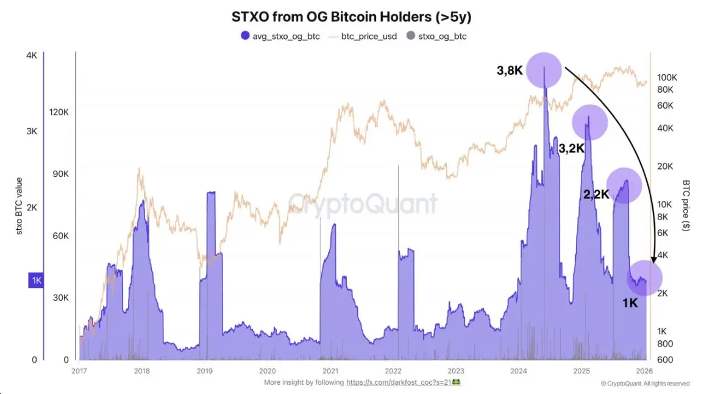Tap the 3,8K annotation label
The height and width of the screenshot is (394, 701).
pyautogui.click(x=510, y=71)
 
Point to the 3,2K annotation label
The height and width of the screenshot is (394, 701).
pyautogui.click(x=572, y=148)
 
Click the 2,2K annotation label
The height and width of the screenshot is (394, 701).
pyautogui.click(x=596, y=195)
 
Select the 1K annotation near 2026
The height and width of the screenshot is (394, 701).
pyautogui.click(x=630, y=303)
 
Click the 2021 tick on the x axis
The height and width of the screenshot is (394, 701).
pyautogui.click(x=330, y=370)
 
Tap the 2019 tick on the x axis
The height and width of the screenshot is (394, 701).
pyautogui.click(x=205, y=370)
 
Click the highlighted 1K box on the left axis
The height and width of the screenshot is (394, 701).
pyautogui.click(x=37, y=281)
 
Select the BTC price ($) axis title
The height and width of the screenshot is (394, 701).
pyautogui.click(x=686, y=205)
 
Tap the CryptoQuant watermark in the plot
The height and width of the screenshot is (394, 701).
pyautogui.click(x=362, y=203)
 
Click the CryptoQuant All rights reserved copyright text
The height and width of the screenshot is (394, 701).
pyautogui.click(x=645, y=384)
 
